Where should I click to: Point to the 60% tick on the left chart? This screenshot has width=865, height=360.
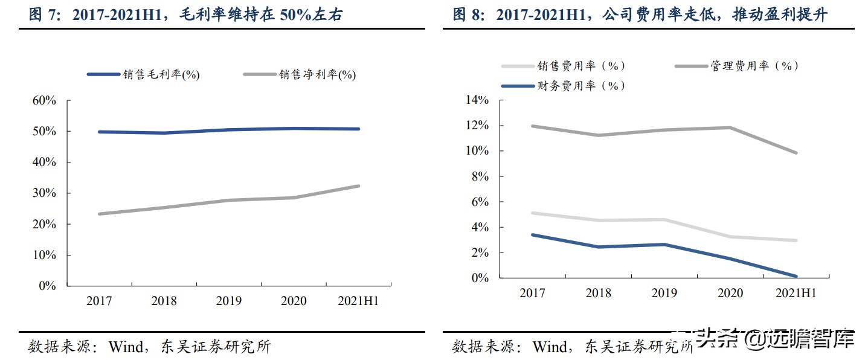click(x=44, y=101)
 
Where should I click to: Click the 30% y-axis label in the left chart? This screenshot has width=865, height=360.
click(x=44, y=193)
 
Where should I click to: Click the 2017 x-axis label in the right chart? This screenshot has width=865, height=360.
click(x=532, y=294)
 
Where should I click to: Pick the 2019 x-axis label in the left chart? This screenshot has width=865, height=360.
click(x=228, y=301)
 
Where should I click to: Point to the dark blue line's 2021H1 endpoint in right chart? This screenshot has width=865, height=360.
click(x=796, y=277)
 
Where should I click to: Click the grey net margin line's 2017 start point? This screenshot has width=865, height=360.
click(x=99, y=214)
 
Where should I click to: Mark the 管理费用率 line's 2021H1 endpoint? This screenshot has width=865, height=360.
click(x=796, y=153)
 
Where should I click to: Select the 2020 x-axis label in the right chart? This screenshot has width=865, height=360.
click(x=730, y=294)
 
